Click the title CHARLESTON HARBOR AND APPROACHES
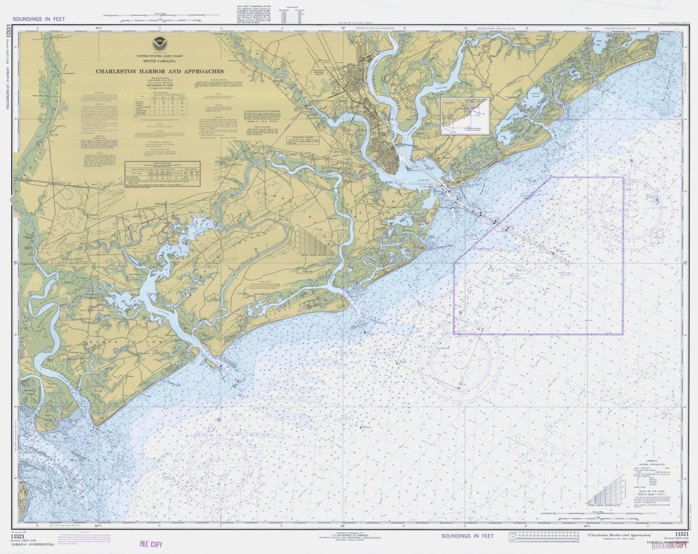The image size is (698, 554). [160, 71]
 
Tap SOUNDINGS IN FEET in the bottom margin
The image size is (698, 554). [467, 536]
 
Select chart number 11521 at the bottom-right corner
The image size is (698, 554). [681, 533]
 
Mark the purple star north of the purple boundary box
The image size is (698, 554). [631, 159]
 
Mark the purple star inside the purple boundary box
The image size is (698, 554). [461, 313]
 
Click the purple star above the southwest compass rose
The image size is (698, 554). [218, 420]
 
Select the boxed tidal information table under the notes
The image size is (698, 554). [162, 173]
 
